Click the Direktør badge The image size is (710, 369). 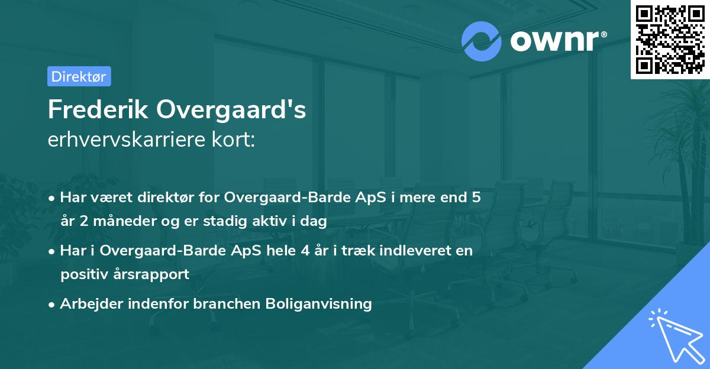point(79,76)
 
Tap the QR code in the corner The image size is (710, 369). point(670,39)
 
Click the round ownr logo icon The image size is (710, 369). point(482,42)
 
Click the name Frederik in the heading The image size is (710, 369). point(98,110)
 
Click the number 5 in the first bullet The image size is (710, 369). point(475,198)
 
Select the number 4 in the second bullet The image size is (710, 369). point(305,251)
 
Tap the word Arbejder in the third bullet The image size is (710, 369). point(88,304)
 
